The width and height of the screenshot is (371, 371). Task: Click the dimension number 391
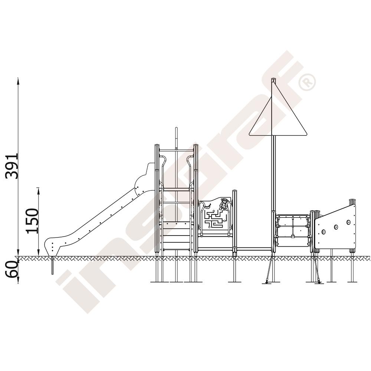tap(12, 166)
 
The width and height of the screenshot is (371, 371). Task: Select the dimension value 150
tap(32, 221)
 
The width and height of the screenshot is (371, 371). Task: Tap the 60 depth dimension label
tap(11, 269)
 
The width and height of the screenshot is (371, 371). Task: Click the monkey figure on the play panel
tap(223, 204)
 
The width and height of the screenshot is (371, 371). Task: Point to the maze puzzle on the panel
tap(214, 220)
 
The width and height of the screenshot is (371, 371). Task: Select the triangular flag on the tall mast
tap(278, 109)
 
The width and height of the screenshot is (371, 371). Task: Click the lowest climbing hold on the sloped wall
tap(324, 232)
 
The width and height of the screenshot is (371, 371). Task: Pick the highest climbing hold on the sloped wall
tap(348, 222)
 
